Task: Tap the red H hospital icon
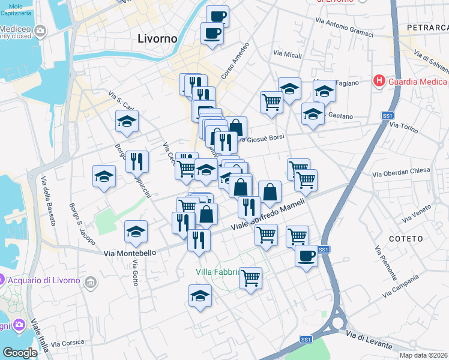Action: (379, 80)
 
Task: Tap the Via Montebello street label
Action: (130, 253)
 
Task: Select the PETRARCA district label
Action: (427, 28)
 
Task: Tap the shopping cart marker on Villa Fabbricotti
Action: (250, 278)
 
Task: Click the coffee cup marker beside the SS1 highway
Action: (306, 257)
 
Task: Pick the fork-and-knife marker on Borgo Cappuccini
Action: (137, 161)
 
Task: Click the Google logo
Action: (20, 352)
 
